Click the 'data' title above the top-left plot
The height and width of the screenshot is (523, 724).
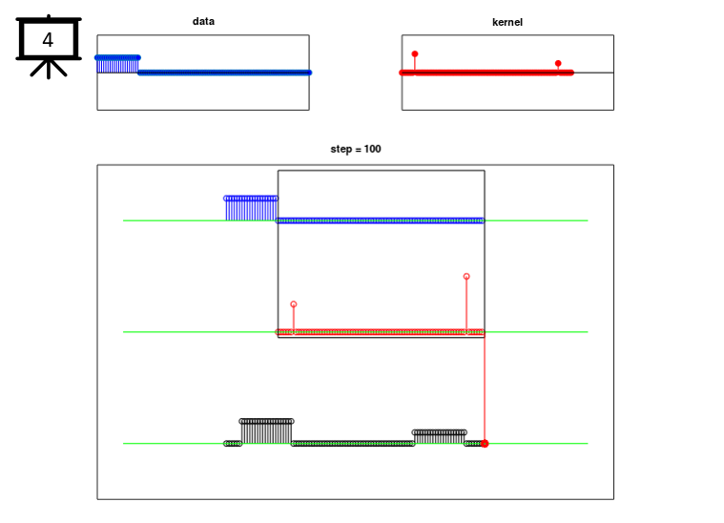click(203, 21)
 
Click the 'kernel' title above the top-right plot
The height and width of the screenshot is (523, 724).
click(507, 22)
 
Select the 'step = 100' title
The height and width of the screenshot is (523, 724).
click(356, 149)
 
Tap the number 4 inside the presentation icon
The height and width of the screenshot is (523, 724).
click(48, 40)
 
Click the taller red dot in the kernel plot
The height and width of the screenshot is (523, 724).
click(415, 54)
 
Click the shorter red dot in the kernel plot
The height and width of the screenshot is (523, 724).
click(558, 63)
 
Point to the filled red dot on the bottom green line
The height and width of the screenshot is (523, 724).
click(485, 444)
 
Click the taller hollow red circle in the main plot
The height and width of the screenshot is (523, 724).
click(466, 276)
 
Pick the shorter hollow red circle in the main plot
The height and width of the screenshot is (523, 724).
click(294, 304)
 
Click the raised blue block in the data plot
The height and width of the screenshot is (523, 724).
click(117, 65)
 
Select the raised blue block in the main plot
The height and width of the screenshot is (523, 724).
click(251, 209)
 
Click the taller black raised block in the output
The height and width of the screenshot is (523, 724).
click(266, 432)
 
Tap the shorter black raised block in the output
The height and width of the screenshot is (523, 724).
click(439, 437)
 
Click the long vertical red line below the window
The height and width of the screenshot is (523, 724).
click(485, 389)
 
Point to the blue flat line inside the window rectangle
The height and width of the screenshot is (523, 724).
click(381, 220)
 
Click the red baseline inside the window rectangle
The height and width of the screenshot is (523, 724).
click(381, 332)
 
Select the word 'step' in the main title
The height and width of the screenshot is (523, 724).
click(341, 150)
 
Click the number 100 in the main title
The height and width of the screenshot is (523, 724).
click(373, 149)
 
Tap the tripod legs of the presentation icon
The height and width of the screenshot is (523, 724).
click(49, 68)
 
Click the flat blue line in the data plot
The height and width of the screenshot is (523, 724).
click(225, 73)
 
